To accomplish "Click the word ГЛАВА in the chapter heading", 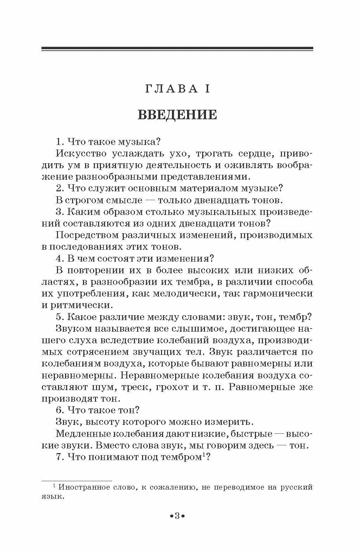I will [171, 89].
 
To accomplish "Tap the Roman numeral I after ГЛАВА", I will [207, 89].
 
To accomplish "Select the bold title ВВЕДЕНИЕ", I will [177, 115].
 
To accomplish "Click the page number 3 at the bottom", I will [177, 516].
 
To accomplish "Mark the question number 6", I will [59, 410].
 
